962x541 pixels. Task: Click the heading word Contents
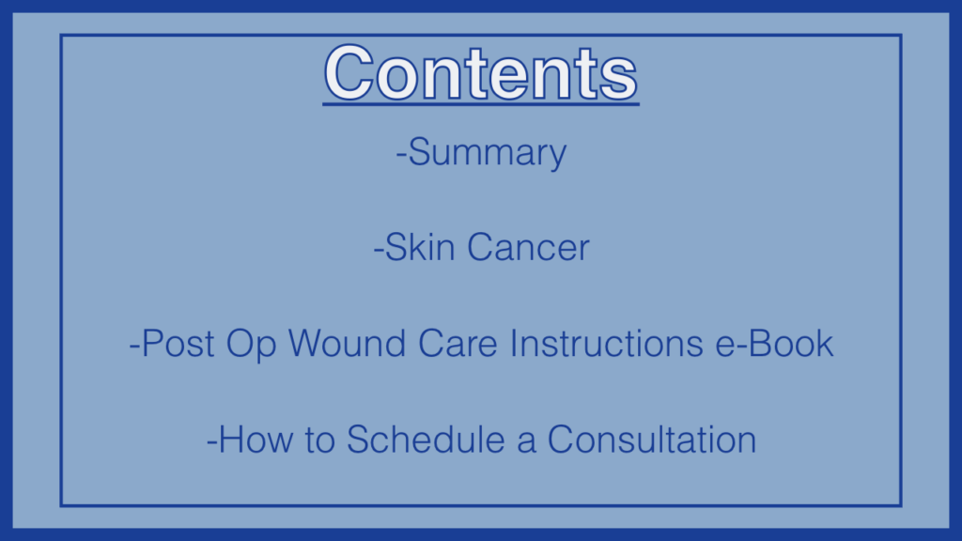481,73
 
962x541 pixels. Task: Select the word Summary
488,153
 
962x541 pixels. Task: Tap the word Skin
420,247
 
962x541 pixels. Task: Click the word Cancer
528,247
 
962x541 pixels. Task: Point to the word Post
178,343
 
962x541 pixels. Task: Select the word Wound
347,343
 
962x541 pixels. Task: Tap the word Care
458,343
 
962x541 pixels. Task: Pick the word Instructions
606,343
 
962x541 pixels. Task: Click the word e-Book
774,343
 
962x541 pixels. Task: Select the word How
256,440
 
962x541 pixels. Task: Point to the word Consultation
652,440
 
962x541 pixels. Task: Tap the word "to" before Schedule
319,441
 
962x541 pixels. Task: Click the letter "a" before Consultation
526,443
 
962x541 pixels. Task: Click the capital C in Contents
349,73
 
